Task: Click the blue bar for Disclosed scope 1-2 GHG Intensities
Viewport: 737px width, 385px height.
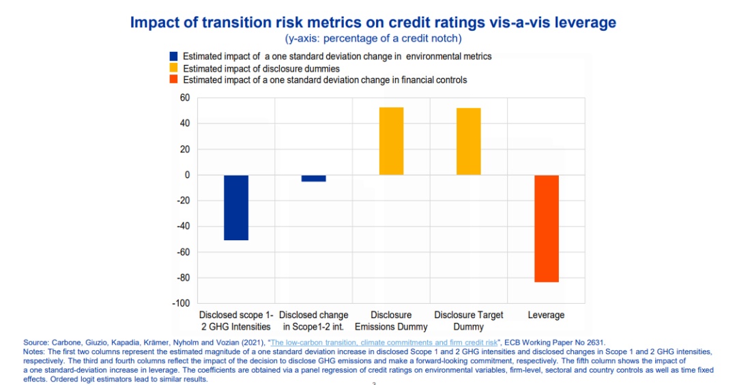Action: tap(236, 208)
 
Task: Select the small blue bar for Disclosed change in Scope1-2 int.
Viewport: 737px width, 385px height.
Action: tap(314, 178)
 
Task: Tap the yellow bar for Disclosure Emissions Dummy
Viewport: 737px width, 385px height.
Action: tap(391, 141)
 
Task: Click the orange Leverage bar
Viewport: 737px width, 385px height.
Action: tap(547, 229)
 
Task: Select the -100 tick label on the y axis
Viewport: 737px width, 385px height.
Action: tap(180, 303)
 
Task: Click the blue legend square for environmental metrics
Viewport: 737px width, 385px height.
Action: tap(174, 57)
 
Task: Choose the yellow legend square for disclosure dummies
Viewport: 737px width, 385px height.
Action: tap(174, 68)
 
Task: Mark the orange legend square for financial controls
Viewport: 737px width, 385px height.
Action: tap(174, 80)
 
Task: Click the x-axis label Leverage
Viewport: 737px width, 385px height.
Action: tap(546, 315)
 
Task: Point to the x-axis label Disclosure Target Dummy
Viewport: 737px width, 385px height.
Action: tap(469, 321)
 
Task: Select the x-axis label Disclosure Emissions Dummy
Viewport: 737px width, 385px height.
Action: tap(391, 321)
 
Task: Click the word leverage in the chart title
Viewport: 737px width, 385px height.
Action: tap(586, 23)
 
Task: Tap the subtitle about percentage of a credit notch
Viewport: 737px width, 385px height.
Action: tap(373, 38)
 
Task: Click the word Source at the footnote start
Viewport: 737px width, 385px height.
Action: tap(35, 341)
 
